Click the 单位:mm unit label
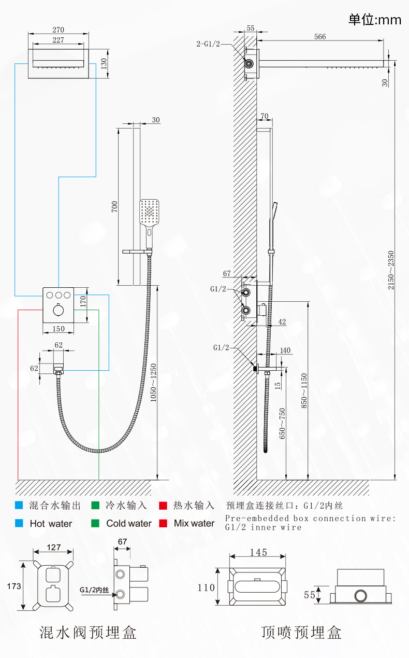tap(375, 20)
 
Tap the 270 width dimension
tap(59, 30)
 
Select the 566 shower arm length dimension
tap(320, 37)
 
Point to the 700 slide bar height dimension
tap(114, 206)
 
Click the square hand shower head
tap(149, 212)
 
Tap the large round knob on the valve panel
tap(59, 310)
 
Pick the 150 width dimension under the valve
tap(59, 329)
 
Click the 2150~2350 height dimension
tap(391, 270)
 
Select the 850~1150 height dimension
tap(304, 390)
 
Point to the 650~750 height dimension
tap(282, 423)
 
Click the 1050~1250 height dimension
tap(153, 383)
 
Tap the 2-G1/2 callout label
tap(208, 44)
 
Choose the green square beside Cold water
tap(95, 523)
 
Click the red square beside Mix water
tap(163, 523)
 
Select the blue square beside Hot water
tap(19, 523)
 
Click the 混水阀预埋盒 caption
tap(88, 633)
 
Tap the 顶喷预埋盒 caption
tap(301, 633)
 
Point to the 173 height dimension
tap(14, 586)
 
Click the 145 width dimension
tap(258, 553)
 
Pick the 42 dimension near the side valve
tap(282, 321)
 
